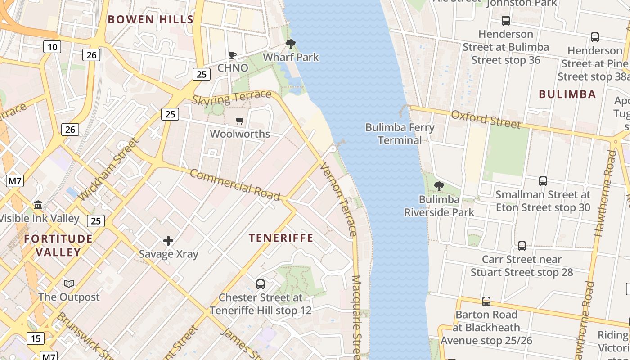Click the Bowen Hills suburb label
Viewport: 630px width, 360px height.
click(x=150, y=19)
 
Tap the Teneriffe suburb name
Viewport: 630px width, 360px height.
click(x=281, y=238)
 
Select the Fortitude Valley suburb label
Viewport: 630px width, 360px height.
click(x=58, y=245)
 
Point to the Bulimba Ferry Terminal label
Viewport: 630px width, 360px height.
click(x=400, y=134)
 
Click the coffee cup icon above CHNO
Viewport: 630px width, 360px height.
click(x=232, y=55)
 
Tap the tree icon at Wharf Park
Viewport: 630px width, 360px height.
click(x=291, y=44)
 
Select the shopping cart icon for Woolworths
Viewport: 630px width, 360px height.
click(x=240, y=121)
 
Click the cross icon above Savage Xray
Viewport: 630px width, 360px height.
click(x=168, y=241)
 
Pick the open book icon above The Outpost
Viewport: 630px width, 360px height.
click(x=68, y=283)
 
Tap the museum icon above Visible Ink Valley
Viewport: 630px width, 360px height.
click(x=38, y=205)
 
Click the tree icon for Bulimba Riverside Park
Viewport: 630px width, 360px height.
click(x=439, y=186)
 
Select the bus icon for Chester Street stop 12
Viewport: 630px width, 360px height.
click(x=260, y=284)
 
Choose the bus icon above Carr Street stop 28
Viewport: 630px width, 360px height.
click(x=522, y=246)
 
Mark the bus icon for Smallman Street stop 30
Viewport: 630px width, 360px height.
click(x=543, y=181)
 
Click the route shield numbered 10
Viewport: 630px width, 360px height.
click(x=52, y=46)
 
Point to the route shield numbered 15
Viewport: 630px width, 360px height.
click(x=35, y=338)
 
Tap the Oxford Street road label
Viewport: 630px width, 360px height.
click(x=486, y=119)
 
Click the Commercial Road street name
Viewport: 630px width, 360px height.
click(x=234, y=185)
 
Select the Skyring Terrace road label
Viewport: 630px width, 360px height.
click(x=232, y=98)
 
